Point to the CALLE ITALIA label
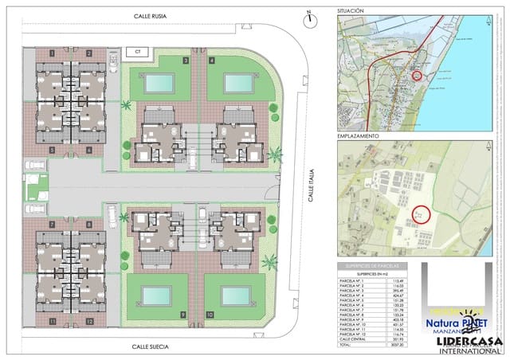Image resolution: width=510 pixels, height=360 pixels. (x=313, y=182)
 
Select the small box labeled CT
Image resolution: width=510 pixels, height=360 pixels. (x=137, y=53)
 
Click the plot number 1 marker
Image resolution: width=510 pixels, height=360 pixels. (x=51, y=53)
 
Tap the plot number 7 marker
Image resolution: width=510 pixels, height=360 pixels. (x=51, y=225)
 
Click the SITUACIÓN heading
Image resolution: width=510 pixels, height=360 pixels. (x=351, y=11)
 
